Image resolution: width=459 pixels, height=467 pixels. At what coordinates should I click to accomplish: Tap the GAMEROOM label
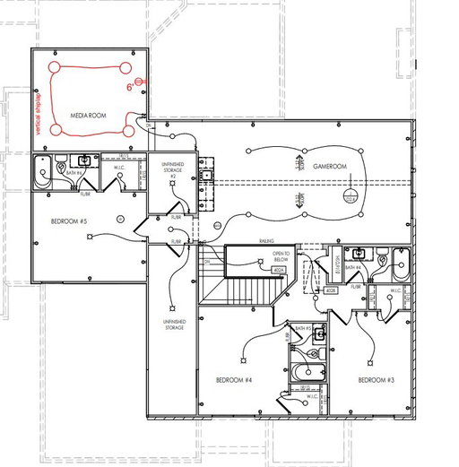329,167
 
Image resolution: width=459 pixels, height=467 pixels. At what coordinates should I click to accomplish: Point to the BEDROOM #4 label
235,380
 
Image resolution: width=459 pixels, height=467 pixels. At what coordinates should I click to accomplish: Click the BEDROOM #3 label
376,380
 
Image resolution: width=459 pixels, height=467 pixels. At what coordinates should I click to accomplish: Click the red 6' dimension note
129,89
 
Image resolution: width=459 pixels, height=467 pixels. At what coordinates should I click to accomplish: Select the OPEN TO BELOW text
281,257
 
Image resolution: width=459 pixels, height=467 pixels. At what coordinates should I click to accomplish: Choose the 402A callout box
279,269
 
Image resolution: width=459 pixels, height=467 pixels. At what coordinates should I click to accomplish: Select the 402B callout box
331,290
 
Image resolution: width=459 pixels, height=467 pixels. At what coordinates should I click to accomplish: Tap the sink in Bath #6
84,161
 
